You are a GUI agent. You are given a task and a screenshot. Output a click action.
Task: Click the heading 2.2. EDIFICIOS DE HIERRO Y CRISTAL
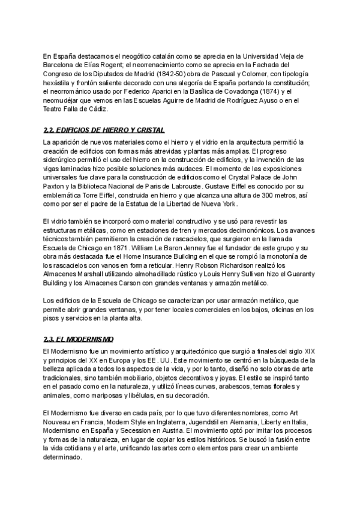pos(104,130)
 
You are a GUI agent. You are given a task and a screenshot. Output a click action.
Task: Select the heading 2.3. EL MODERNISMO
pos(79,339)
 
